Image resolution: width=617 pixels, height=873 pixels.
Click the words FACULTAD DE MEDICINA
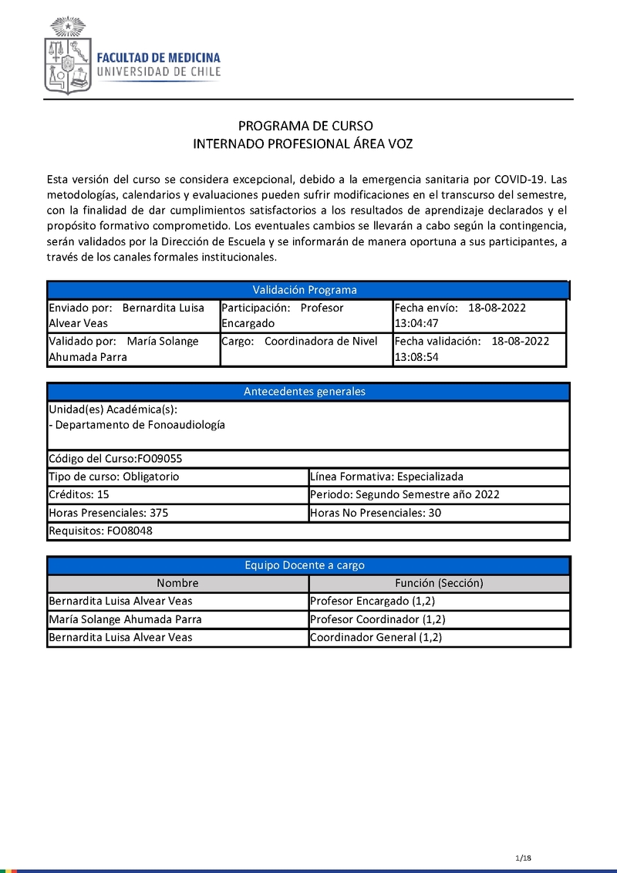click(x=158, y=58)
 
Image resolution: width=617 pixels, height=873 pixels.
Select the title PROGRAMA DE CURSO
click(x=305, y=126)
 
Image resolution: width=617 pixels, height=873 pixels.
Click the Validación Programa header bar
click(x=305, y=290)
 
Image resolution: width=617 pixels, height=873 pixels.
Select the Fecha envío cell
click(x=479, y=315)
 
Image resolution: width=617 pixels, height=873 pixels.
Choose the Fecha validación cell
click(x=479, y=349)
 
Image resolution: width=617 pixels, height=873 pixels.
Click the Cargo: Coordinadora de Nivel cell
click(x=305, y=349)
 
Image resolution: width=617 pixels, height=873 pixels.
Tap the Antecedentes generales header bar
click(x=305, y=392)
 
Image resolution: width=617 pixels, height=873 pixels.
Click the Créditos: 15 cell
click(x=177, y=494)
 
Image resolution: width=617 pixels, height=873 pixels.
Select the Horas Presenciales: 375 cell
click(x=177, y=513)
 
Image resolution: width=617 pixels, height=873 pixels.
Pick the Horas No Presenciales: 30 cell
click(x=438, y=513)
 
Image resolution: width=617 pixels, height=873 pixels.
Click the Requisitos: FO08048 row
click(x=308, y=531)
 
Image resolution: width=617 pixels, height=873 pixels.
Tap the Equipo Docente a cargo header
click(x=305, y=565)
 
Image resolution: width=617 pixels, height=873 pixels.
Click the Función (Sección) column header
click(x=439, y=584)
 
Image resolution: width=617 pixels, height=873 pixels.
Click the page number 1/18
click(x=524, y=858)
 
